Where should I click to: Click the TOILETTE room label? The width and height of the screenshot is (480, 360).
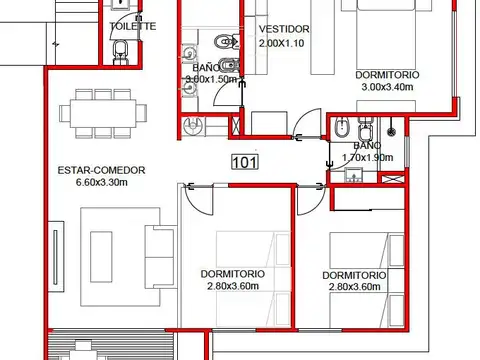tap(133, 26)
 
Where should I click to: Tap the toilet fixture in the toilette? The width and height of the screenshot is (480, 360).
tap(121, 50)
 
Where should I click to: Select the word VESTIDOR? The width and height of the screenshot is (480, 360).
tap(282, 29)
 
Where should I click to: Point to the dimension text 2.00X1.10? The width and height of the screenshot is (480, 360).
tap(282, 45)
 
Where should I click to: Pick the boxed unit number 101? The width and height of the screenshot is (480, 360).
tap(243, 162)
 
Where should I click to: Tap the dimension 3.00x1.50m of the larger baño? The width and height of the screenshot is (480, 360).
tap(210, 79)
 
